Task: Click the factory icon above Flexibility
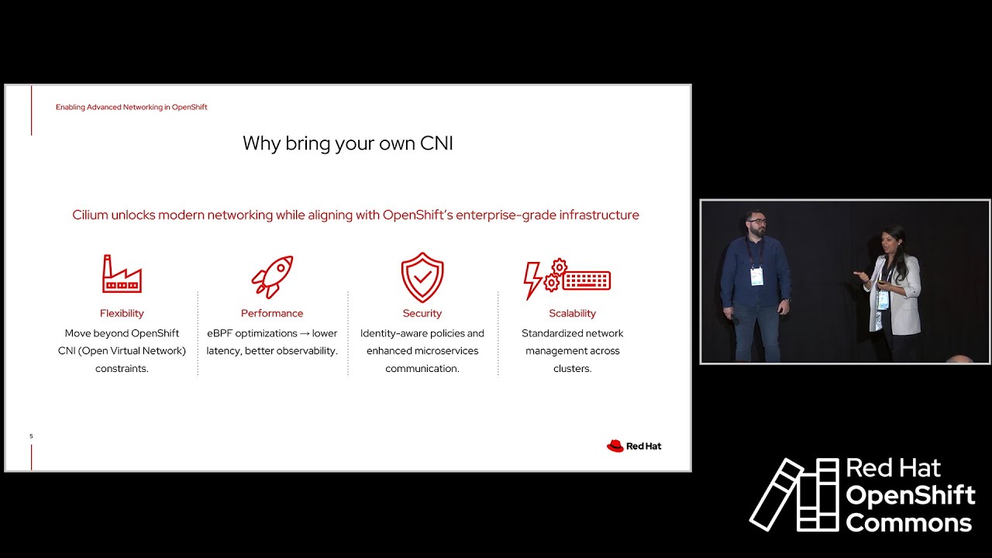pos(122,274)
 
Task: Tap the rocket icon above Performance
pos(272,277)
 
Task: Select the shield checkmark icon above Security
pos(422,277)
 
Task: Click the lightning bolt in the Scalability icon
pos(533,280)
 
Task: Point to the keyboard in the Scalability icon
pos(587,280)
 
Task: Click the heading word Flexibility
pos(122,313)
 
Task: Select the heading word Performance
pos(272,313)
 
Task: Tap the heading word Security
pos(422,313)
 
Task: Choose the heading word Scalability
pos(572,313)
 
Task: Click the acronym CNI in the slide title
pos(436,143)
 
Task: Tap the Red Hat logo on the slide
pos(633,446)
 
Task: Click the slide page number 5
pos(31,436)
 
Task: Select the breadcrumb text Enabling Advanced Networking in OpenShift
pos(131,107)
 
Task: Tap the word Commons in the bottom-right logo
pos(908,523)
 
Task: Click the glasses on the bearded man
pos(758,222)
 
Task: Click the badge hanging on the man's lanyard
pos(756,276)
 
